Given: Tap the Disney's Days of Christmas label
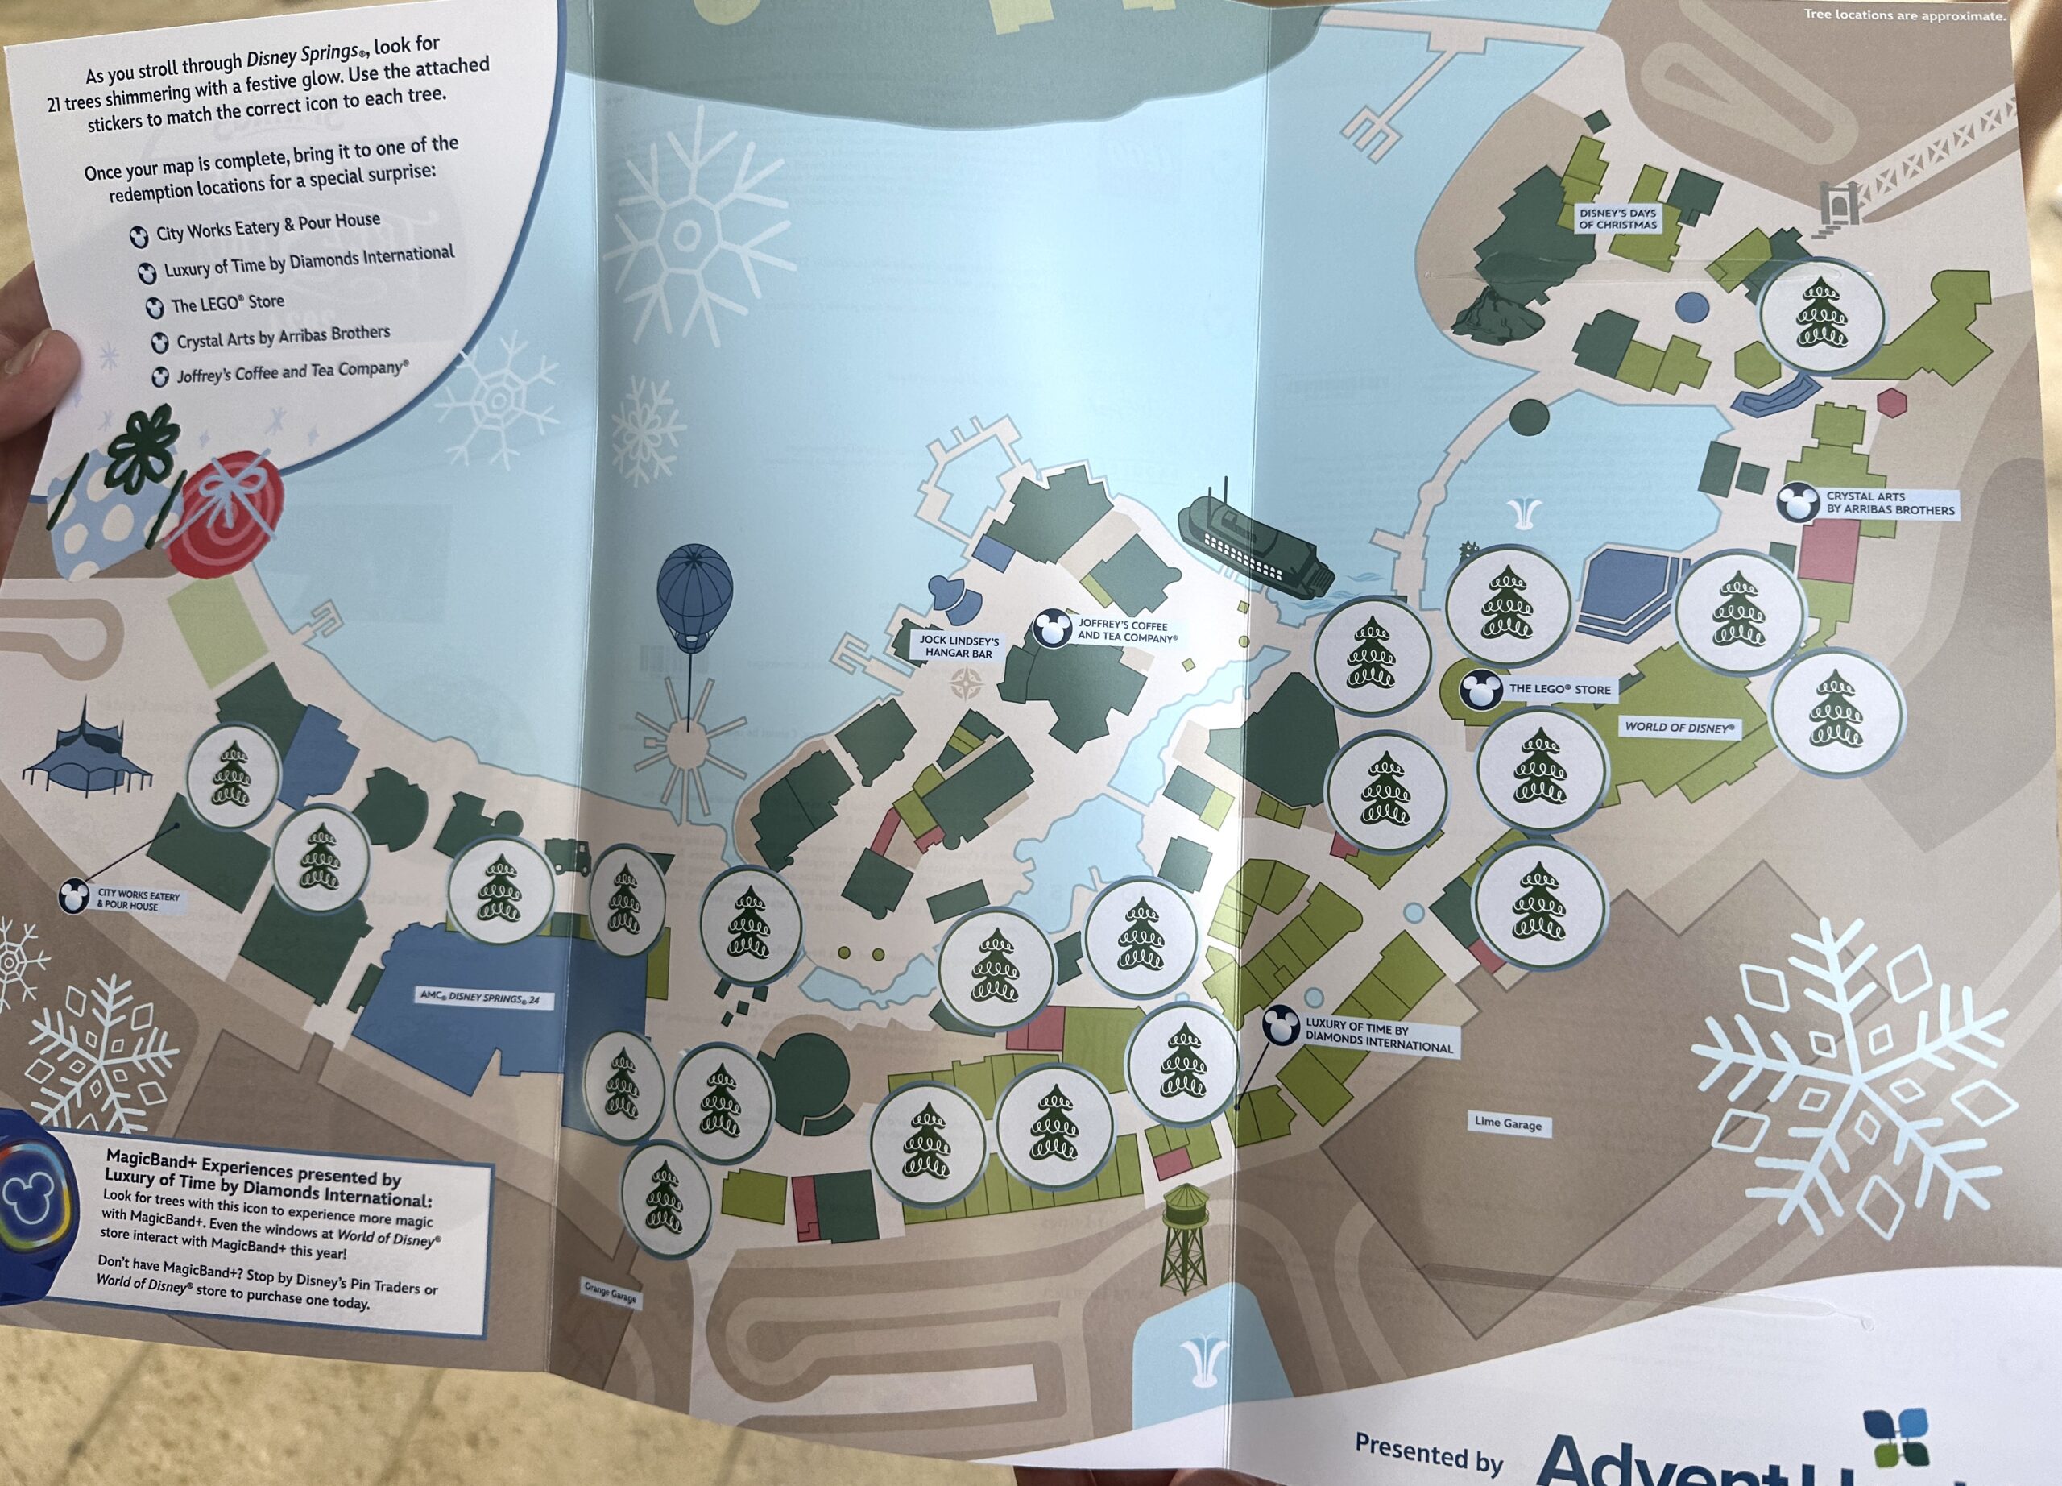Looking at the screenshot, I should [1617, 219].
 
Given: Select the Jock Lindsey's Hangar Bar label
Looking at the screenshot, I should [959, 646].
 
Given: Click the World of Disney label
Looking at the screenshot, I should [1679, 728].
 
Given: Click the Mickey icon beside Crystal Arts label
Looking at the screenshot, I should [1794, 502].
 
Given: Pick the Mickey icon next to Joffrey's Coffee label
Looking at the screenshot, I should [1052, 629].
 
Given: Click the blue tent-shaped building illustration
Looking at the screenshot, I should [86, 750].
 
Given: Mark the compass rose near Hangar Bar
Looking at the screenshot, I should [967, 684].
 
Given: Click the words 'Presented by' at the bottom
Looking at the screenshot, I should [1428, 1450].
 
